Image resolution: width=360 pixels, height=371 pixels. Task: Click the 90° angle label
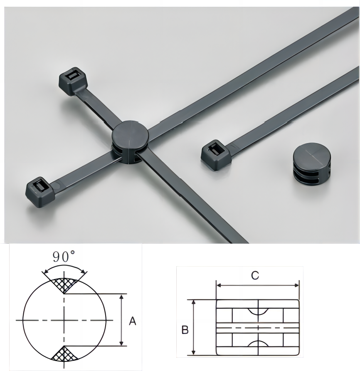coord(64,257)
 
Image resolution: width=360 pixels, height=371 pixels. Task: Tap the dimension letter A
coord(133,322)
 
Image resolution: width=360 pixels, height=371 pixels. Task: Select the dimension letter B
coord(185,330)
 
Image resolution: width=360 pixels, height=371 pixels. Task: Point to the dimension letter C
coord(255,276)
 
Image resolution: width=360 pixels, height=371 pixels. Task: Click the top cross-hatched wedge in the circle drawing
coord(64,284)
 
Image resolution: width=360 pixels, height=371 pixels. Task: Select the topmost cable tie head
coord(73,81)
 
